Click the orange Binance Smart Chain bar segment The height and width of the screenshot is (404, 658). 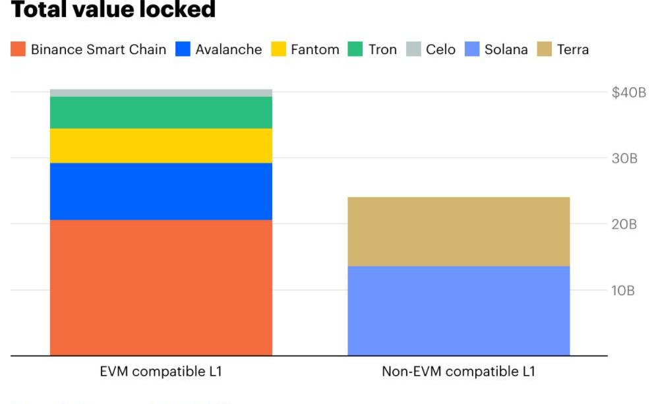click(161, 287)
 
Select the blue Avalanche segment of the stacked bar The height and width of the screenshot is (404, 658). click(161, 191)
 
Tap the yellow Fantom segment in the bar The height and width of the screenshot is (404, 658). click(161, 146)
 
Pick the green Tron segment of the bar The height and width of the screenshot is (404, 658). click(161, 113)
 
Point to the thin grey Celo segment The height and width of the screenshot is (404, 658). click(161, 93)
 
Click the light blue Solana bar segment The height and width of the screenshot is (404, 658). click(458, 310)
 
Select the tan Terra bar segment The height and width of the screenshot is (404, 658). click(458, 231)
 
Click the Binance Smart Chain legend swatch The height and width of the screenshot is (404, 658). click(18, 49)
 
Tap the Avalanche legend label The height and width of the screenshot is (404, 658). click(228, 49)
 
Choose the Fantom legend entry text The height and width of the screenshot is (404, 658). click(314, 49)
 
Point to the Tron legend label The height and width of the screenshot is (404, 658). click(382, 49)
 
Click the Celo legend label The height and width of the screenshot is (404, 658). click(440, 49)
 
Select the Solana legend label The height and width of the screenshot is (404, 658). click(506, 49)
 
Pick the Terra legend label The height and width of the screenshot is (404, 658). click(572, 49)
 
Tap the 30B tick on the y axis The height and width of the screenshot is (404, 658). click(624, 158)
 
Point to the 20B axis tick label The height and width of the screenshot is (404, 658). click(624, 224)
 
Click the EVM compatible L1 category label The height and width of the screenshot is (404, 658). click(161, 372)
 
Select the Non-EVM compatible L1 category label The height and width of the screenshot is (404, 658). click(458, 372)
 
